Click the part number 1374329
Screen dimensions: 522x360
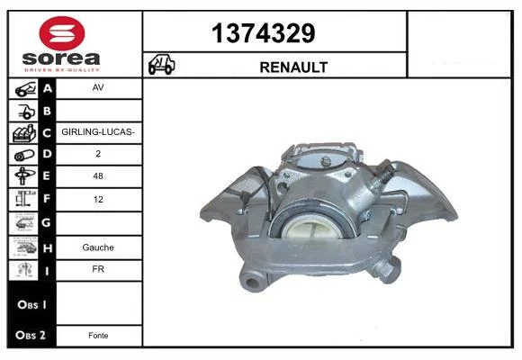(263, 33)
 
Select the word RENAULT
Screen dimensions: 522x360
(293, 67)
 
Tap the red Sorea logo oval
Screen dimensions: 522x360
(62, 33)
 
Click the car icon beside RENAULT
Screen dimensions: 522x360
(161, 64)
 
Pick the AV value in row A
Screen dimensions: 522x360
(98, 87)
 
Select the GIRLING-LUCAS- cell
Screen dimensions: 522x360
(98, 132)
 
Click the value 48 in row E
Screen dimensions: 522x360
(98, 176)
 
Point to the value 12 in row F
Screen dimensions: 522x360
(98, 200)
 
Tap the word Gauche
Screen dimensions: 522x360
(98, 247)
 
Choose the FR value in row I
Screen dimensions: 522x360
(98, 269)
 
